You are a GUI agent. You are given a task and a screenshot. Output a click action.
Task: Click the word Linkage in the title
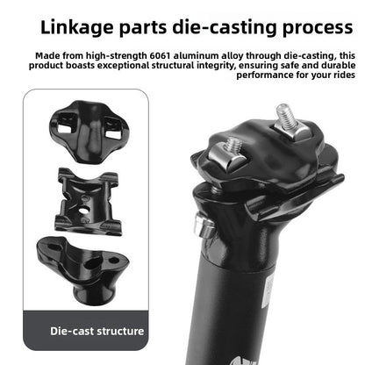[x=76, y=28]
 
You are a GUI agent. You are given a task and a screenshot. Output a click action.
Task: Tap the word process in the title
[x=318, y=28]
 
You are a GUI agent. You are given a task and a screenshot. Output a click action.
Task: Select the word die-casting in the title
[x=224, y=28]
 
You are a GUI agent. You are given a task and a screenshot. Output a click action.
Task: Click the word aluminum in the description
[x=196, y=55]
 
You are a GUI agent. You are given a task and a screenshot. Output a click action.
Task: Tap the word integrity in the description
[x=216, y=66]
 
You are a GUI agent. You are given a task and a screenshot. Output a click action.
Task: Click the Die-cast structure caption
[x=97, y=331]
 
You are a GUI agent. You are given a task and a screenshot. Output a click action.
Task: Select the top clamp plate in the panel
[x=89, y=131]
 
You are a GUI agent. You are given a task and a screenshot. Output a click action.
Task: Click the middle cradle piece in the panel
[x=88, y=201]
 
